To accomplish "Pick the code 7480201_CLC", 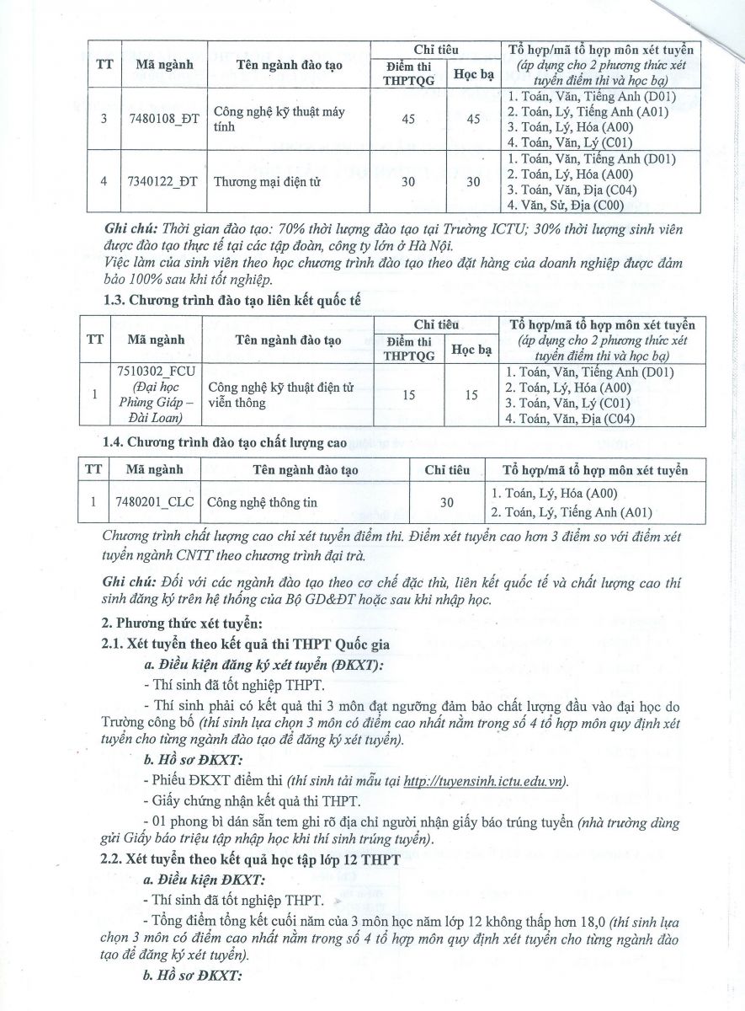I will click(x=154, y=502).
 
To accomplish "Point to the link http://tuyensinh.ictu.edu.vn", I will click(x=485, y=781).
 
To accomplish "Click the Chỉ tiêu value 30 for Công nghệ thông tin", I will click(x=447, y=502).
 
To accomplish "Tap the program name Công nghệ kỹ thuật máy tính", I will click(x=279, y=119).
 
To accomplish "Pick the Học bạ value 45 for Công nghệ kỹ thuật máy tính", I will click(x=473, y=119).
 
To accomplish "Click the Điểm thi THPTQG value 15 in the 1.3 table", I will click(x=408, y=394).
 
